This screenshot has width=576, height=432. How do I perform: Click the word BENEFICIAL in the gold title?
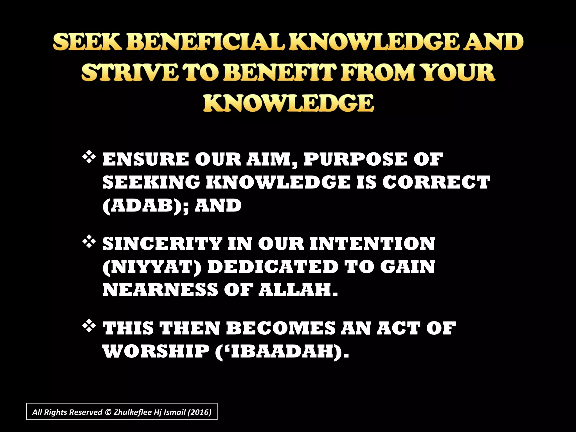[206, 42]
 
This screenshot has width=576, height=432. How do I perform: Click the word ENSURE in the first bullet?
[146, 159]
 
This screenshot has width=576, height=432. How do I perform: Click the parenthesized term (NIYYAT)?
[152, 267]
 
